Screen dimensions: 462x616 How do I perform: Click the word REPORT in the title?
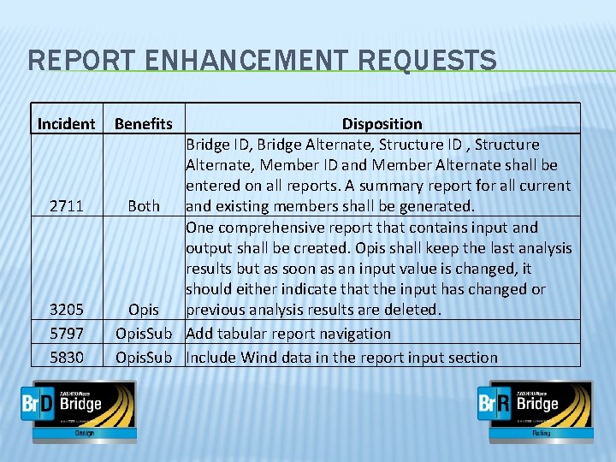point(73,61)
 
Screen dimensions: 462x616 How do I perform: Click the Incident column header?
point(66,124)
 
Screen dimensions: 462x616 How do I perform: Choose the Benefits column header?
point(143,124)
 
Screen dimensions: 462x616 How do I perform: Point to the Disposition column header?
point(382,124)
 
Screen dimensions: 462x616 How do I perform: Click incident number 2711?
point(66,205)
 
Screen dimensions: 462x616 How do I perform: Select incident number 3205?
point(66,309)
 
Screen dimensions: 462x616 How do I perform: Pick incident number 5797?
point(66,334)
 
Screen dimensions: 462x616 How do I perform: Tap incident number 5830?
point(66,358)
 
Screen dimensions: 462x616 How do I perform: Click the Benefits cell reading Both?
point(143,205)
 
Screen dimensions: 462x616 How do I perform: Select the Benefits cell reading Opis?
point(143,309)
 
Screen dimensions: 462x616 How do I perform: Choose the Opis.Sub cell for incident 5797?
point(144,334)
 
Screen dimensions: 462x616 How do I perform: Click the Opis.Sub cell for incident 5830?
point(144,358)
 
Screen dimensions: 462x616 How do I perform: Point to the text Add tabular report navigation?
point(288,334)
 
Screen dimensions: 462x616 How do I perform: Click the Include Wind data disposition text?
point(341,358)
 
